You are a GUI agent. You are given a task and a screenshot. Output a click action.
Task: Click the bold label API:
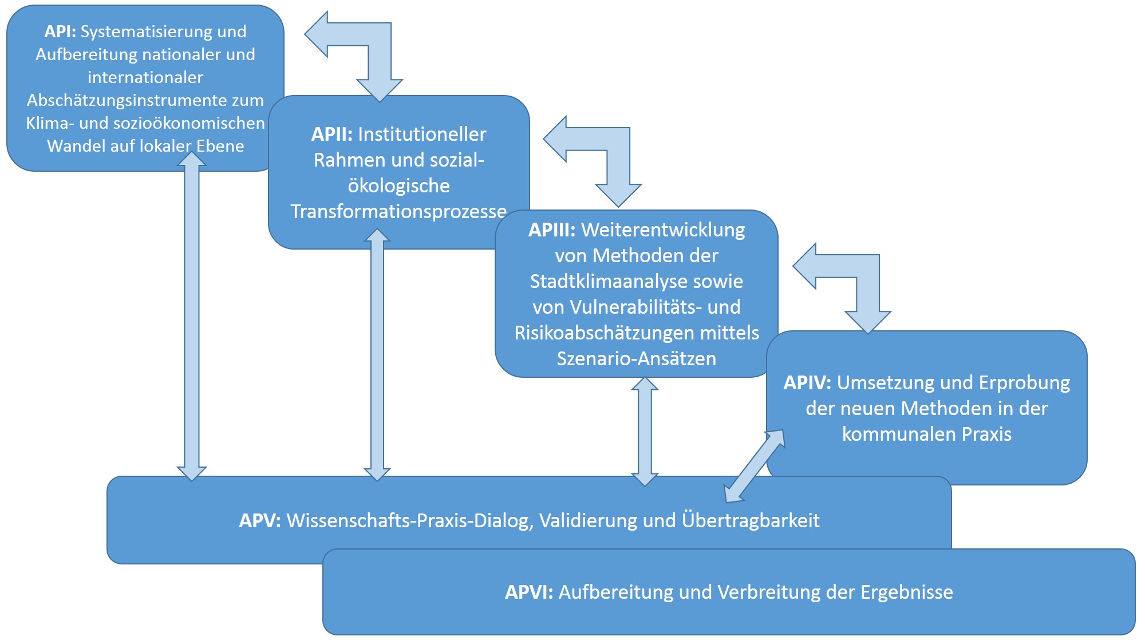pos(60,31)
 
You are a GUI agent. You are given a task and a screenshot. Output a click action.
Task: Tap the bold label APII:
pos(332,135)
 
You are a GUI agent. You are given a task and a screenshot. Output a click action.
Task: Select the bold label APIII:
pos(552,230)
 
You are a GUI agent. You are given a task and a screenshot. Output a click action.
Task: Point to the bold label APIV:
pos(807,383)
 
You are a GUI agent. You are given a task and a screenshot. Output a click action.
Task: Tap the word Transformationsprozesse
pos(398,212)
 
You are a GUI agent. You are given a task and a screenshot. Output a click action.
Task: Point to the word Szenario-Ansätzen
pos(637,359)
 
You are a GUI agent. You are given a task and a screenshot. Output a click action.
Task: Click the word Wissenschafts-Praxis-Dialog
pos(408,521)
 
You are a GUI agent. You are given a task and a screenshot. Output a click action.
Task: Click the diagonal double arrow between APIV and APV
pos(755,466)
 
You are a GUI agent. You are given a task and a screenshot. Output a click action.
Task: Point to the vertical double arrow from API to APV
pos(192,317)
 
